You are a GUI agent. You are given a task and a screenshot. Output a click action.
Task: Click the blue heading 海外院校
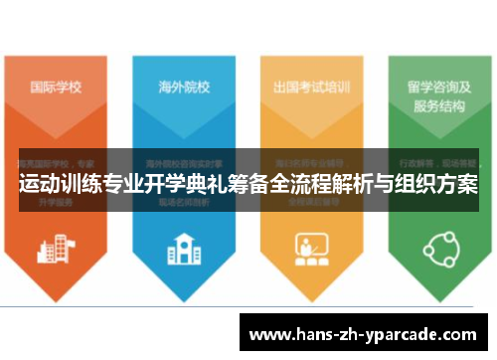point(183,86)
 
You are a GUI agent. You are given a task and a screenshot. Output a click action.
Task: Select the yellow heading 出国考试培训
point(311,86)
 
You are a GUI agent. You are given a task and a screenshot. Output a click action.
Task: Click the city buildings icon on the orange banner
point(56,248)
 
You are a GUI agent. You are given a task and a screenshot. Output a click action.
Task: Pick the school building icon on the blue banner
point(183,248)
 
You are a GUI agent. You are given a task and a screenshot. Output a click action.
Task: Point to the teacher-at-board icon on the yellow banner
point(311,248)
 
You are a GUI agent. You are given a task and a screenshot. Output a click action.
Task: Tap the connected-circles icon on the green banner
point(438,248)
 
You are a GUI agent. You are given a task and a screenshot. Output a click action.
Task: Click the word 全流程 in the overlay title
point(304,186)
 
